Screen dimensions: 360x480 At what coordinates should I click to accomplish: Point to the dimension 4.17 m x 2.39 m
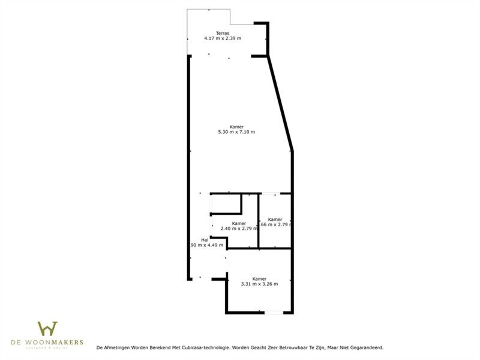tap(222, 38)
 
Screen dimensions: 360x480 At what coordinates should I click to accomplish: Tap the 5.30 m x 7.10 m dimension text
tap(236, 131)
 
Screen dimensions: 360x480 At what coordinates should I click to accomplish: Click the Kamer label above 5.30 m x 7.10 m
tap(236, 126)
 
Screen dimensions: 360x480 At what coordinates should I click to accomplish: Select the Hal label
tap(205, 239)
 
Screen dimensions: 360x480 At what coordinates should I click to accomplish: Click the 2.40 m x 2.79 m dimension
tap(239, 228)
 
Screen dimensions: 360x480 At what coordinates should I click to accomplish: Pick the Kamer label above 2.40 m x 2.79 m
tap(239, 223)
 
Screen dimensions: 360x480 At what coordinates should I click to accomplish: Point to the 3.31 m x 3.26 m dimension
tap(259, 284)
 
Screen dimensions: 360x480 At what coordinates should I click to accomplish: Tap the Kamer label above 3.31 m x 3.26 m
tap(259, 278)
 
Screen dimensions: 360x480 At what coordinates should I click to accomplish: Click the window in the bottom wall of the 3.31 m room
tap(273, 313)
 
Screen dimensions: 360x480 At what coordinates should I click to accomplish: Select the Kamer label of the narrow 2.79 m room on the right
tap(275, 219)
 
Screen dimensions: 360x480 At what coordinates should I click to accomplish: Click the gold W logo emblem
tap(47, 329)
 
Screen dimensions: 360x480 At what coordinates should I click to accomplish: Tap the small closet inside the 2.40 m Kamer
tap(226, 204)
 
